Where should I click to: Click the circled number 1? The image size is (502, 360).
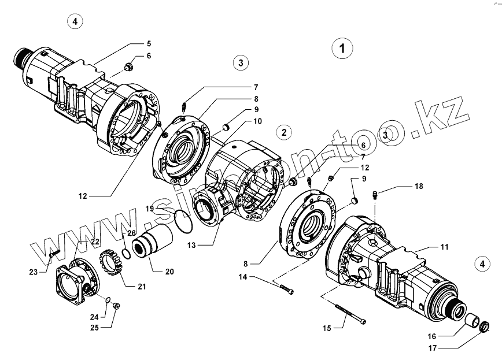click(343, 48)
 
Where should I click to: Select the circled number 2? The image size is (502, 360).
click(284, 132)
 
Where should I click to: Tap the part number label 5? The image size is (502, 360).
click(149, 43)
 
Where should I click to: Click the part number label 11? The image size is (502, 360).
click(444, 247)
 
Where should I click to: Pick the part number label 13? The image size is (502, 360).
click(191, 245)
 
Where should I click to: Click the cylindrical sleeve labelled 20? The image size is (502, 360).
click(153, 242)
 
